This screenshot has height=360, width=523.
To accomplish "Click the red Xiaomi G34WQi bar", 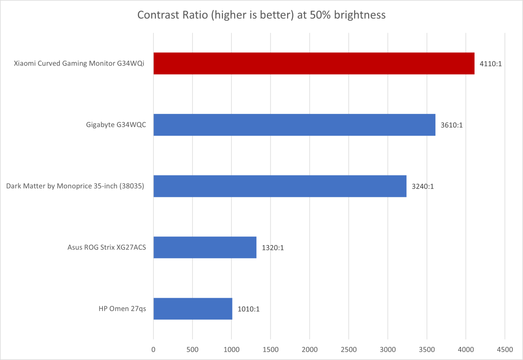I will click(x=314, y=64).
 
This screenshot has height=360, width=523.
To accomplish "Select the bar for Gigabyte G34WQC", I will click(x=294, y=125).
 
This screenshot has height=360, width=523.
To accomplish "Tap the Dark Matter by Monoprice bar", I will click(x=280, y=186).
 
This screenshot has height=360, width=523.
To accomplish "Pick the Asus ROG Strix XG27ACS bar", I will click(x=205, y=247).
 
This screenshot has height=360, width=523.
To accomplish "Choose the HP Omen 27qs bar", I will click(x=192, y=309).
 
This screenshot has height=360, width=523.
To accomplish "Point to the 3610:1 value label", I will click(x=451, y=125).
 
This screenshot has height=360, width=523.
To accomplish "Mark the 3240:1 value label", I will click(x=423, y=186).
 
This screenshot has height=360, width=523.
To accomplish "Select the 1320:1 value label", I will click(x=273, y=248).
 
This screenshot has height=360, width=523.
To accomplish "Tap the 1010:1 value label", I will click(x=249, y=309).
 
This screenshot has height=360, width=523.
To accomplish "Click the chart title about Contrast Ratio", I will click(x=261, y=15).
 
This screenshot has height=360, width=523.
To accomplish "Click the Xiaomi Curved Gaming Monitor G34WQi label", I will click(x=79, y=64).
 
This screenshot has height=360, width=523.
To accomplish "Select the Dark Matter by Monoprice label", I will click(x=75, y=186).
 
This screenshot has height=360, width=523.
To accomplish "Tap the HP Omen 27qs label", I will click(x=122, y=309).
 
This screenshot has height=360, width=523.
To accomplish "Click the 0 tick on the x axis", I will click(x=154, y=350).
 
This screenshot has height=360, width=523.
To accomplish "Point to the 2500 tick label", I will click(x=349, y=350).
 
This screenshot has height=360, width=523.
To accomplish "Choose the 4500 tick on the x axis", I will click(x=505, y=350).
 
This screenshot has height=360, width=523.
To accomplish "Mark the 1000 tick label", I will click(x=231, y=350).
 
